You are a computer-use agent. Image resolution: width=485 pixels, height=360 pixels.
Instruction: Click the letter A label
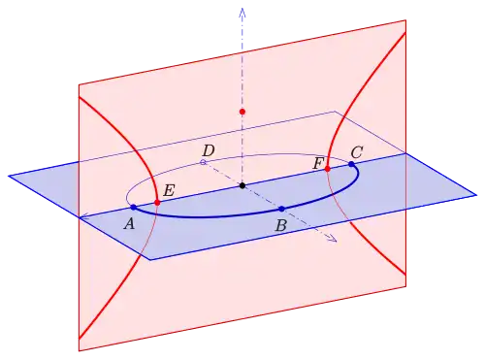(x=129, y=223)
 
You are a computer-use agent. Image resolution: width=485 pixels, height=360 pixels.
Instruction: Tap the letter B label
(x=281, y=225)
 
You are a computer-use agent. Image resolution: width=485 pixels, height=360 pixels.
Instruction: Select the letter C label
(x=357, y=152)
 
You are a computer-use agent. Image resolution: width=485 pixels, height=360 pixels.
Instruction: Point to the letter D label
(x=209, y=150)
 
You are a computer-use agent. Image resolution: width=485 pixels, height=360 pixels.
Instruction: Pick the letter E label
(x=169, y=190)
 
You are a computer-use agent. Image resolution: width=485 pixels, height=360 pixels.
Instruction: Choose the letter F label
(x=318, y=164)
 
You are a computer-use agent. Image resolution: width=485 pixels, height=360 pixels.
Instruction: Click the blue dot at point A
(x=134, y=207)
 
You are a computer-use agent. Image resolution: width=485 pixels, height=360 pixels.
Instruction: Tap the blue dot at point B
(x=281, y=209)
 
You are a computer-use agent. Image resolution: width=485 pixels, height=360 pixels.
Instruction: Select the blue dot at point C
(x=351, y=164)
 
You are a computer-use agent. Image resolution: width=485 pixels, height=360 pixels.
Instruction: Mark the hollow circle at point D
(x=203, y=162)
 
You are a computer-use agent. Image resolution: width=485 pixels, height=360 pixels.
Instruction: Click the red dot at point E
(x=157, y=203)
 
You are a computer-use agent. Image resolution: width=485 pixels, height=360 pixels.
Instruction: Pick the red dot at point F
(x=327, y=169)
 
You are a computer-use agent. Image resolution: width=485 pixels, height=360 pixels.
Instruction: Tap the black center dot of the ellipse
(x=242, y=185)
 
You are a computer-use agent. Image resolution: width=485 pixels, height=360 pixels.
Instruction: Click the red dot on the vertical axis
(x=242, y=112)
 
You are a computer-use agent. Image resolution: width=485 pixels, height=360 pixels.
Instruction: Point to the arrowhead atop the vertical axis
(x=242, y=13)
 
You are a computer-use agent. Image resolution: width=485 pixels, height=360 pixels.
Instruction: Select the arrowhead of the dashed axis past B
(x=333, y=239)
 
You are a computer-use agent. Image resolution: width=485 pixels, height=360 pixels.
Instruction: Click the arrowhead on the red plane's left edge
(x=83, y=217)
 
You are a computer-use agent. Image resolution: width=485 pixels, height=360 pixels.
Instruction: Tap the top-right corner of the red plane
(x=405, y=20)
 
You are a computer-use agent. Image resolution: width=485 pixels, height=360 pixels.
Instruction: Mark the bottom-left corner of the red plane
(x=80, y=351)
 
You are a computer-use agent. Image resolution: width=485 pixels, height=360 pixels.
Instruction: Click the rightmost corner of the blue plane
(x=476, y=195)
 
